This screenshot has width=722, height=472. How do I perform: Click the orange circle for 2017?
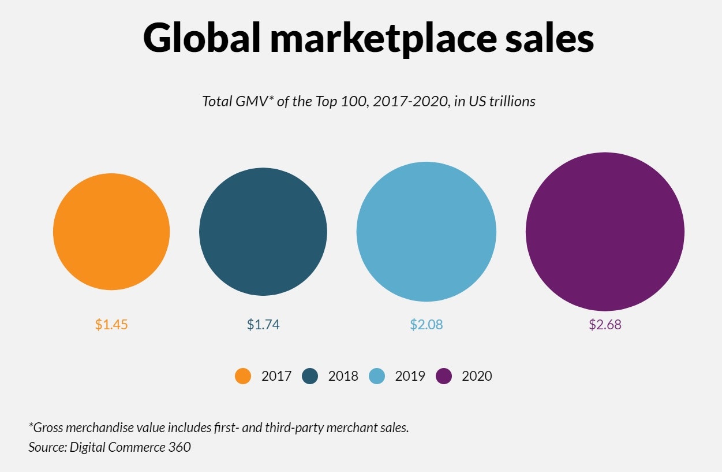(111, 232)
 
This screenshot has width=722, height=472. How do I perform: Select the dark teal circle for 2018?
(263, 232)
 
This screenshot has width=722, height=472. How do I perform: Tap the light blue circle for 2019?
(427, 232)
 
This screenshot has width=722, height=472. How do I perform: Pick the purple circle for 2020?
(605, 232)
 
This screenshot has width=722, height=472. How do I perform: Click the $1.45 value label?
(111, 325)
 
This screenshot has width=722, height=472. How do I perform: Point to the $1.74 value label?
(263, 325)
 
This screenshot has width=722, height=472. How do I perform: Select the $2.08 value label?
(427, 325)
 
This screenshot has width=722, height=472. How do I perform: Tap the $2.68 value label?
(605, 325)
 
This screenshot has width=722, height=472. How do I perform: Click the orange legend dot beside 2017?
(243, 376)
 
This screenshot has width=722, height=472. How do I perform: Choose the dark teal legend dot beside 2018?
(311, 376)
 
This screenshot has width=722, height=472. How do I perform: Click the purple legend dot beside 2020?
(444, 376)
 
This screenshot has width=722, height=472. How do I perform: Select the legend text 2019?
(410, 376)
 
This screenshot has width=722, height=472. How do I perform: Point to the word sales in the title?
(551, 38)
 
